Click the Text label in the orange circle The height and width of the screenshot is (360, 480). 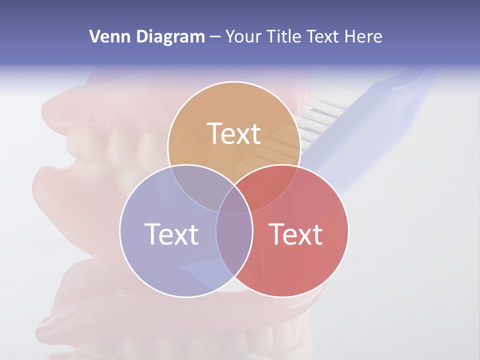pyautogui.click(x=234, y=134)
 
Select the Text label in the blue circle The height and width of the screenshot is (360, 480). pyautogui.click(x=171, y=234)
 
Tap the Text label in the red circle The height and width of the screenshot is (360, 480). pyautogui.click(x=296, y=234)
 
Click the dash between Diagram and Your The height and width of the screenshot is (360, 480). pyautogui.click(x=215, y=36)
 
